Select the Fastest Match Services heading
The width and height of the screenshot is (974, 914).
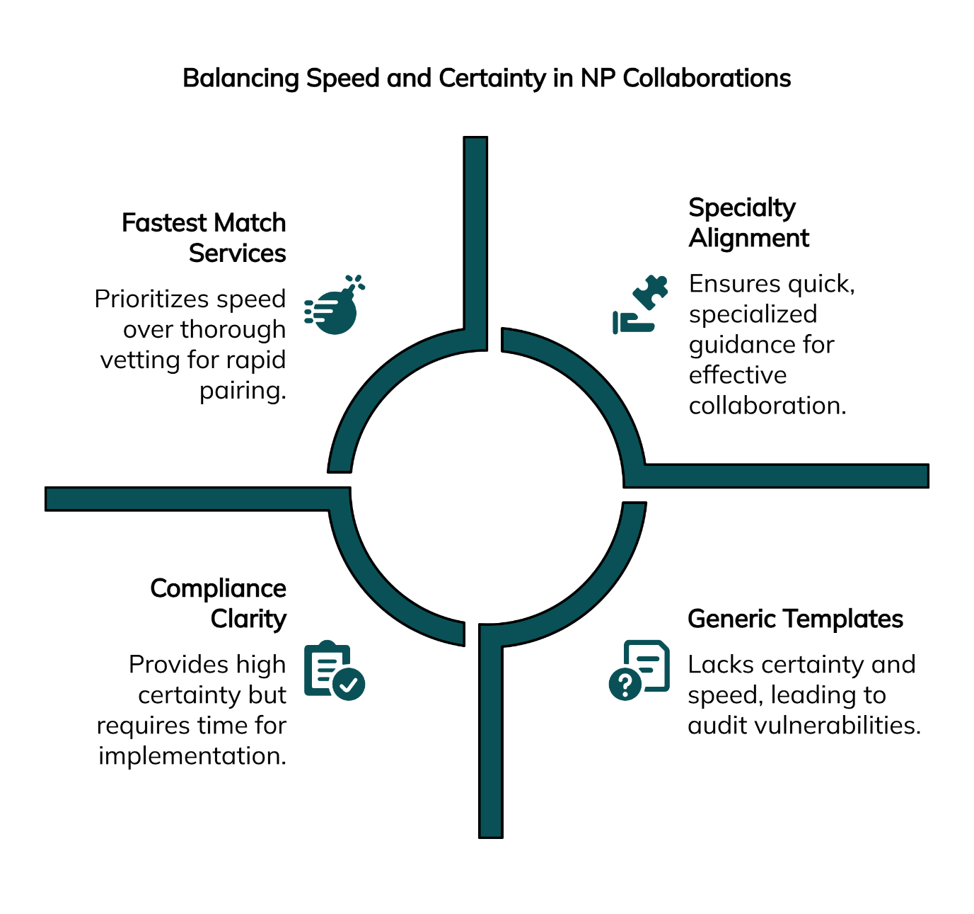(204, 238)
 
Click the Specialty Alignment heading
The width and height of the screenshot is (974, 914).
(749, 222)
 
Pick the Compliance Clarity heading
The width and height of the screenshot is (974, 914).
(219, 603)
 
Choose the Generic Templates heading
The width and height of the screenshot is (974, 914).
(795, 619)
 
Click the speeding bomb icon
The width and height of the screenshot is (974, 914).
(335, 305)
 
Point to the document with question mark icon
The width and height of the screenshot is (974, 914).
(639, 670)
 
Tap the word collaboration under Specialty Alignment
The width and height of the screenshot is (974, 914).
(766, 406)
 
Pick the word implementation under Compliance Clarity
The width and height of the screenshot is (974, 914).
(191, 756)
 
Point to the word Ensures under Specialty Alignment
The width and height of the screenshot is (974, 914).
(732, 283)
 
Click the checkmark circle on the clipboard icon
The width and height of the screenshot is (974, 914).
(349, 685)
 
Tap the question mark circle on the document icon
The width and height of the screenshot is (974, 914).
(625, 685)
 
